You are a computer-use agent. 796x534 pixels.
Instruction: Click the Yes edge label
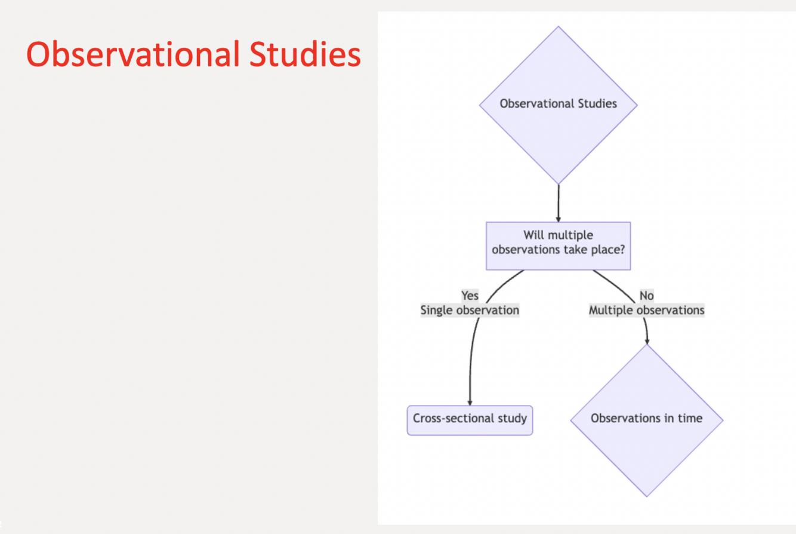click(470, 296)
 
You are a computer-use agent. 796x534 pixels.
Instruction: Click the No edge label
click(646, 296)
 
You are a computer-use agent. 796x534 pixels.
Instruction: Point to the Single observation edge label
click(470, 311)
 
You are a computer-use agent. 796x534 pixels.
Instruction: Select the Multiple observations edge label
click(646, 311)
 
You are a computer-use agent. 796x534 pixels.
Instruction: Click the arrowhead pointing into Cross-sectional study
click(470, 403)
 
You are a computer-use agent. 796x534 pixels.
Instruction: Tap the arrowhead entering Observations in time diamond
click(647, 341)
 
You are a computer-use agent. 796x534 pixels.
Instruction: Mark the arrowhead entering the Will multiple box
click(559, 219)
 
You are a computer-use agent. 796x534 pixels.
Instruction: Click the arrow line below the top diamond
click(559, 201)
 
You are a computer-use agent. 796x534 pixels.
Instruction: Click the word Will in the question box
click(533, 235)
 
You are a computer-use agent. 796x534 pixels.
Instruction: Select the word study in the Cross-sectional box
click(513, 418)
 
